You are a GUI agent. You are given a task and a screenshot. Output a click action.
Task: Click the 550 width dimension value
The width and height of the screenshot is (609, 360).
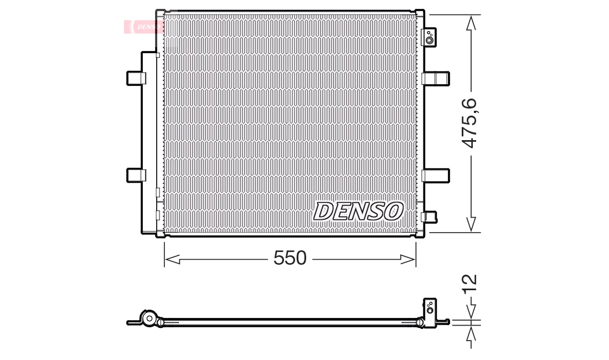[x=290, y=258]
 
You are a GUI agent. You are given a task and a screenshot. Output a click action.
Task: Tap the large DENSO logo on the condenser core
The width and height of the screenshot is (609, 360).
[x=358, y=211]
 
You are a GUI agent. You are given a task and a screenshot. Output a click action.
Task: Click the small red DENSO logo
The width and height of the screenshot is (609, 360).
[x=143, y=27]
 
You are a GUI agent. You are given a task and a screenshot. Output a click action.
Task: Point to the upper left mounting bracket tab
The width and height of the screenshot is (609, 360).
[x=136, y=78]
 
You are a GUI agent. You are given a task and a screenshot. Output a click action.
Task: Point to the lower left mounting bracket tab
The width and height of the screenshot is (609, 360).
[x=136, y=175]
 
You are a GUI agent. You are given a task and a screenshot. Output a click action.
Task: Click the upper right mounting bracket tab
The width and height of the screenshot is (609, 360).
[x=435, y=78]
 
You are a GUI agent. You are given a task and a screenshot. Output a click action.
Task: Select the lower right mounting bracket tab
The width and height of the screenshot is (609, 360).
[x=435, y=176]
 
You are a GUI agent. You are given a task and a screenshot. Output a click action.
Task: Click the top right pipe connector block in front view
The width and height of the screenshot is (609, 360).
[x=429, y=37]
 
